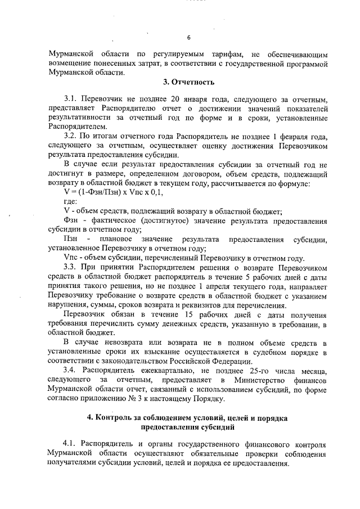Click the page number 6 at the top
tap(189, 38)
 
